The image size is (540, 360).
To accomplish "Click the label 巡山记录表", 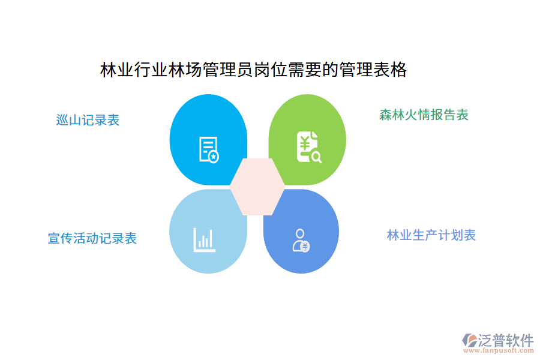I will pos(88,120).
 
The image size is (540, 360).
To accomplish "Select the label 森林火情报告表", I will pos(424,115).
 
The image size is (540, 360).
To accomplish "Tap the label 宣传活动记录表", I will pos(92,238).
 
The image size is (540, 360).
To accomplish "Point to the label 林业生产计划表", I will pos(431,235).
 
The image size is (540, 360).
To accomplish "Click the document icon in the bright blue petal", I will pos(208,149).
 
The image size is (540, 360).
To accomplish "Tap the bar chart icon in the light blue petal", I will pos(203,239).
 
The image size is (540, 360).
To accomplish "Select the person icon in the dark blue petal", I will pos(299,239).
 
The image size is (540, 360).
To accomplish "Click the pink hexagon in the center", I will pos(257,187).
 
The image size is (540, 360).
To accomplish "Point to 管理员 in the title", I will pos(228,70).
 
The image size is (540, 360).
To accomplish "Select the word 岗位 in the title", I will pos(271,70).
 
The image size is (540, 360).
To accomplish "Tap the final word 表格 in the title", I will pos(390,70).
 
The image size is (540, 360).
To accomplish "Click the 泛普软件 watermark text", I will pos(505,341).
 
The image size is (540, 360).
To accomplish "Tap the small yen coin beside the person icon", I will pos(305,246).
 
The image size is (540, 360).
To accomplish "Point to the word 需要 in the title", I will pos(305,70).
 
